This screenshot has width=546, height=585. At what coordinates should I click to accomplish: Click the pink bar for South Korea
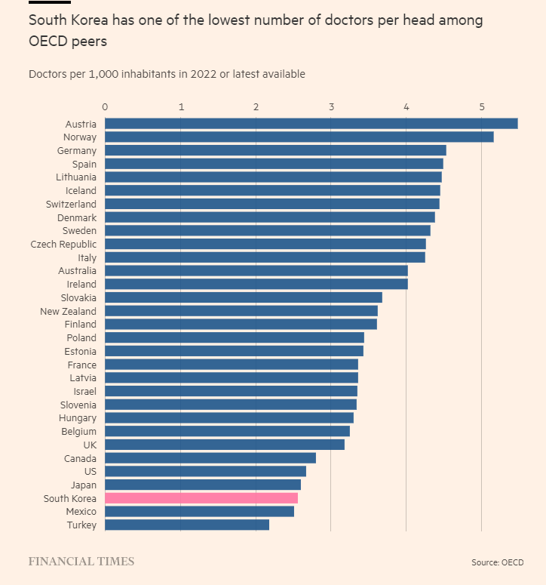(201, 498)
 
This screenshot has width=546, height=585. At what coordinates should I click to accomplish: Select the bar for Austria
(311, 124)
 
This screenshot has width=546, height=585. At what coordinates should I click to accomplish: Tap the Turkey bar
(187, 525)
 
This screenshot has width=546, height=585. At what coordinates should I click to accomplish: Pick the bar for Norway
(299, 137)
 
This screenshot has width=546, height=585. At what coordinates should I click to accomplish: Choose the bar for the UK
(225, 445)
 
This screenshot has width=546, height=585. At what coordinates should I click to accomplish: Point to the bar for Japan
(203, 485)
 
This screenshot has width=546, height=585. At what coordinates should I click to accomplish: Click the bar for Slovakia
(244, 297)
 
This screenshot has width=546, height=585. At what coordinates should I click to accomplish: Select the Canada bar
(210, 458)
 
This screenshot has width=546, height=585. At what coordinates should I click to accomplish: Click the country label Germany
(77, 151)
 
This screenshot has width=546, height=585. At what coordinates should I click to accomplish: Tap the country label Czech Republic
(63, 245)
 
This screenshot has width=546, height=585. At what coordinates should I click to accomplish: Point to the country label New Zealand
(68, 311)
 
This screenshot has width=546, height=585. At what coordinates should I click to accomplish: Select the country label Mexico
(80, 512)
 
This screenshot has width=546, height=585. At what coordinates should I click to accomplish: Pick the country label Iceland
(81, 191)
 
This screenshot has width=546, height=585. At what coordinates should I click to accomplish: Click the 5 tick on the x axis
(482, 107)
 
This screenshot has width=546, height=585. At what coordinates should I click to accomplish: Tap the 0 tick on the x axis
(105, 107)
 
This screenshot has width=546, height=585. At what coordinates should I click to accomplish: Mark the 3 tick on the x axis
(331, 107)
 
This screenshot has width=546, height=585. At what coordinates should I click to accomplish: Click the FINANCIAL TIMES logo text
(81, 562)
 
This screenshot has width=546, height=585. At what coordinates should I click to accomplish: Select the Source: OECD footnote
(497, 562)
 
